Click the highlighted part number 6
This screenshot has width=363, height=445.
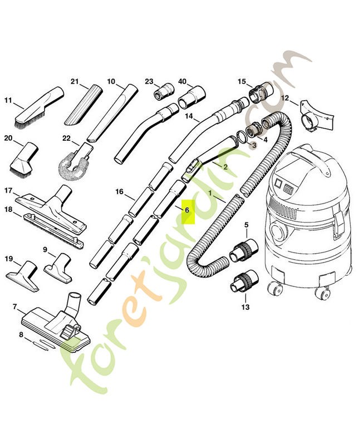click(187, 211)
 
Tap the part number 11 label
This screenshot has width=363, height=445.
click(8, 101)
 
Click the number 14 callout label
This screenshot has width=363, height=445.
click(189, 117)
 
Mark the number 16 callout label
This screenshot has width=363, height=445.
click(119, 192)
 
